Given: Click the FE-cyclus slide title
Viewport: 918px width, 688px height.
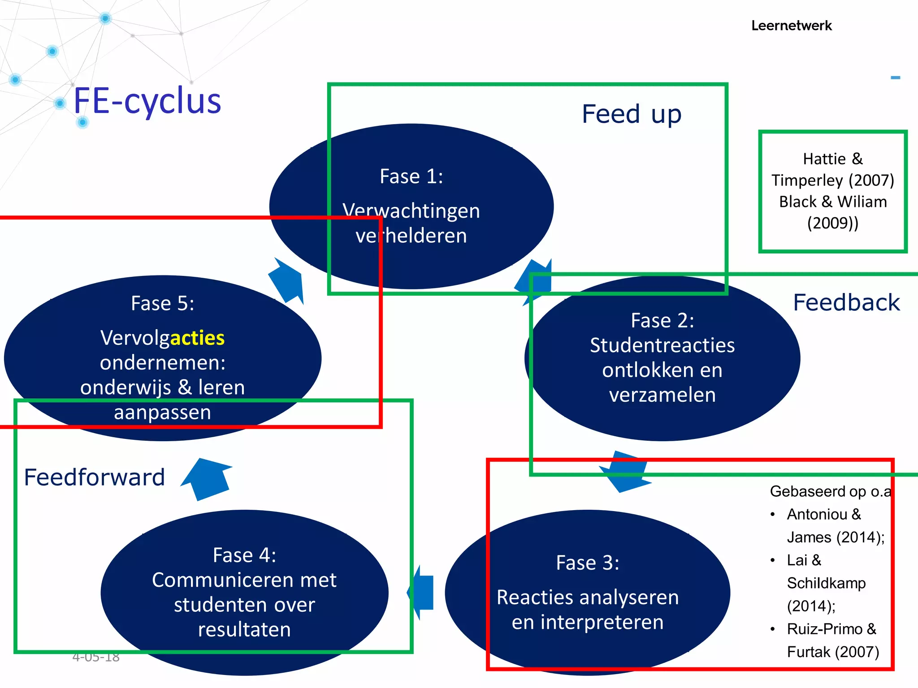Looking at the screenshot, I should [147, 101].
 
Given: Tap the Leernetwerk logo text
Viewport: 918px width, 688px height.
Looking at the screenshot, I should [791, 26].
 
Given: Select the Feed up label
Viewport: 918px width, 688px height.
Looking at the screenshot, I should [631, 114].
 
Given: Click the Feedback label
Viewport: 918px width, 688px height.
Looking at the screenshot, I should [846, 302].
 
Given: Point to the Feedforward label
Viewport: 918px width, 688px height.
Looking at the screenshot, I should [95, 477].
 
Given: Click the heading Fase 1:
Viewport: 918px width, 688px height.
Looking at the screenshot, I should [411, 176].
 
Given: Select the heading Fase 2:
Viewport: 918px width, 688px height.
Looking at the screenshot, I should [662, 320].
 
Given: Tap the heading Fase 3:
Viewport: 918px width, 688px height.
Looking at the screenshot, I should [587, 563].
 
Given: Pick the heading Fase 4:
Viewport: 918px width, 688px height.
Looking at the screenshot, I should [244, 555].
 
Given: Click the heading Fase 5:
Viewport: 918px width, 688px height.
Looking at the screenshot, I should [162, 303].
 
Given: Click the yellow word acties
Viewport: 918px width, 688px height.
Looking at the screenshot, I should [197, 338].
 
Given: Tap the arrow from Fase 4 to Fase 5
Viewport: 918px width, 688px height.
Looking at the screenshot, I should [208, 478].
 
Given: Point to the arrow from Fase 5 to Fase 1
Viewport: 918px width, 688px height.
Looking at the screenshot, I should [287, 281].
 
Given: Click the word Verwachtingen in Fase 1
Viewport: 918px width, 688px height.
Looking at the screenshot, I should [411, 211].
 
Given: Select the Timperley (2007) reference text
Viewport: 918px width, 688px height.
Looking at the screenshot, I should [832, 180].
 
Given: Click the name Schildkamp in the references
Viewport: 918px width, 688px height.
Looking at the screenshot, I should [826, 583].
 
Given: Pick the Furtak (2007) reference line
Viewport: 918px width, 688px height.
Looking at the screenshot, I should [832, 652].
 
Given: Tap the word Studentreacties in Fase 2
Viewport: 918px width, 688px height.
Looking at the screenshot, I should [662, 345].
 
